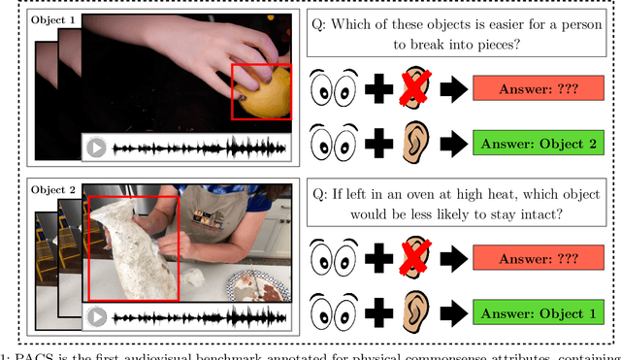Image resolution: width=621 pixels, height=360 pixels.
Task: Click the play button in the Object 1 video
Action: click(x=96, y=148)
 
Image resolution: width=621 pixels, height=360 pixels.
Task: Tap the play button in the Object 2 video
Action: click(x=96, y=316)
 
